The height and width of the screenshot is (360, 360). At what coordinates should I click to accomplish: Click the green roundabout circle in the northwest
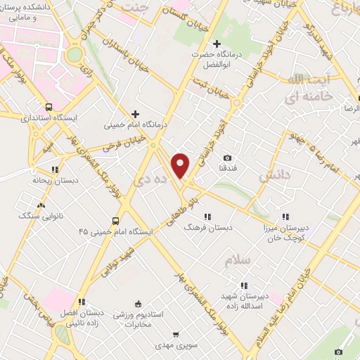pyautogui.click(x=75, y=54)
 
